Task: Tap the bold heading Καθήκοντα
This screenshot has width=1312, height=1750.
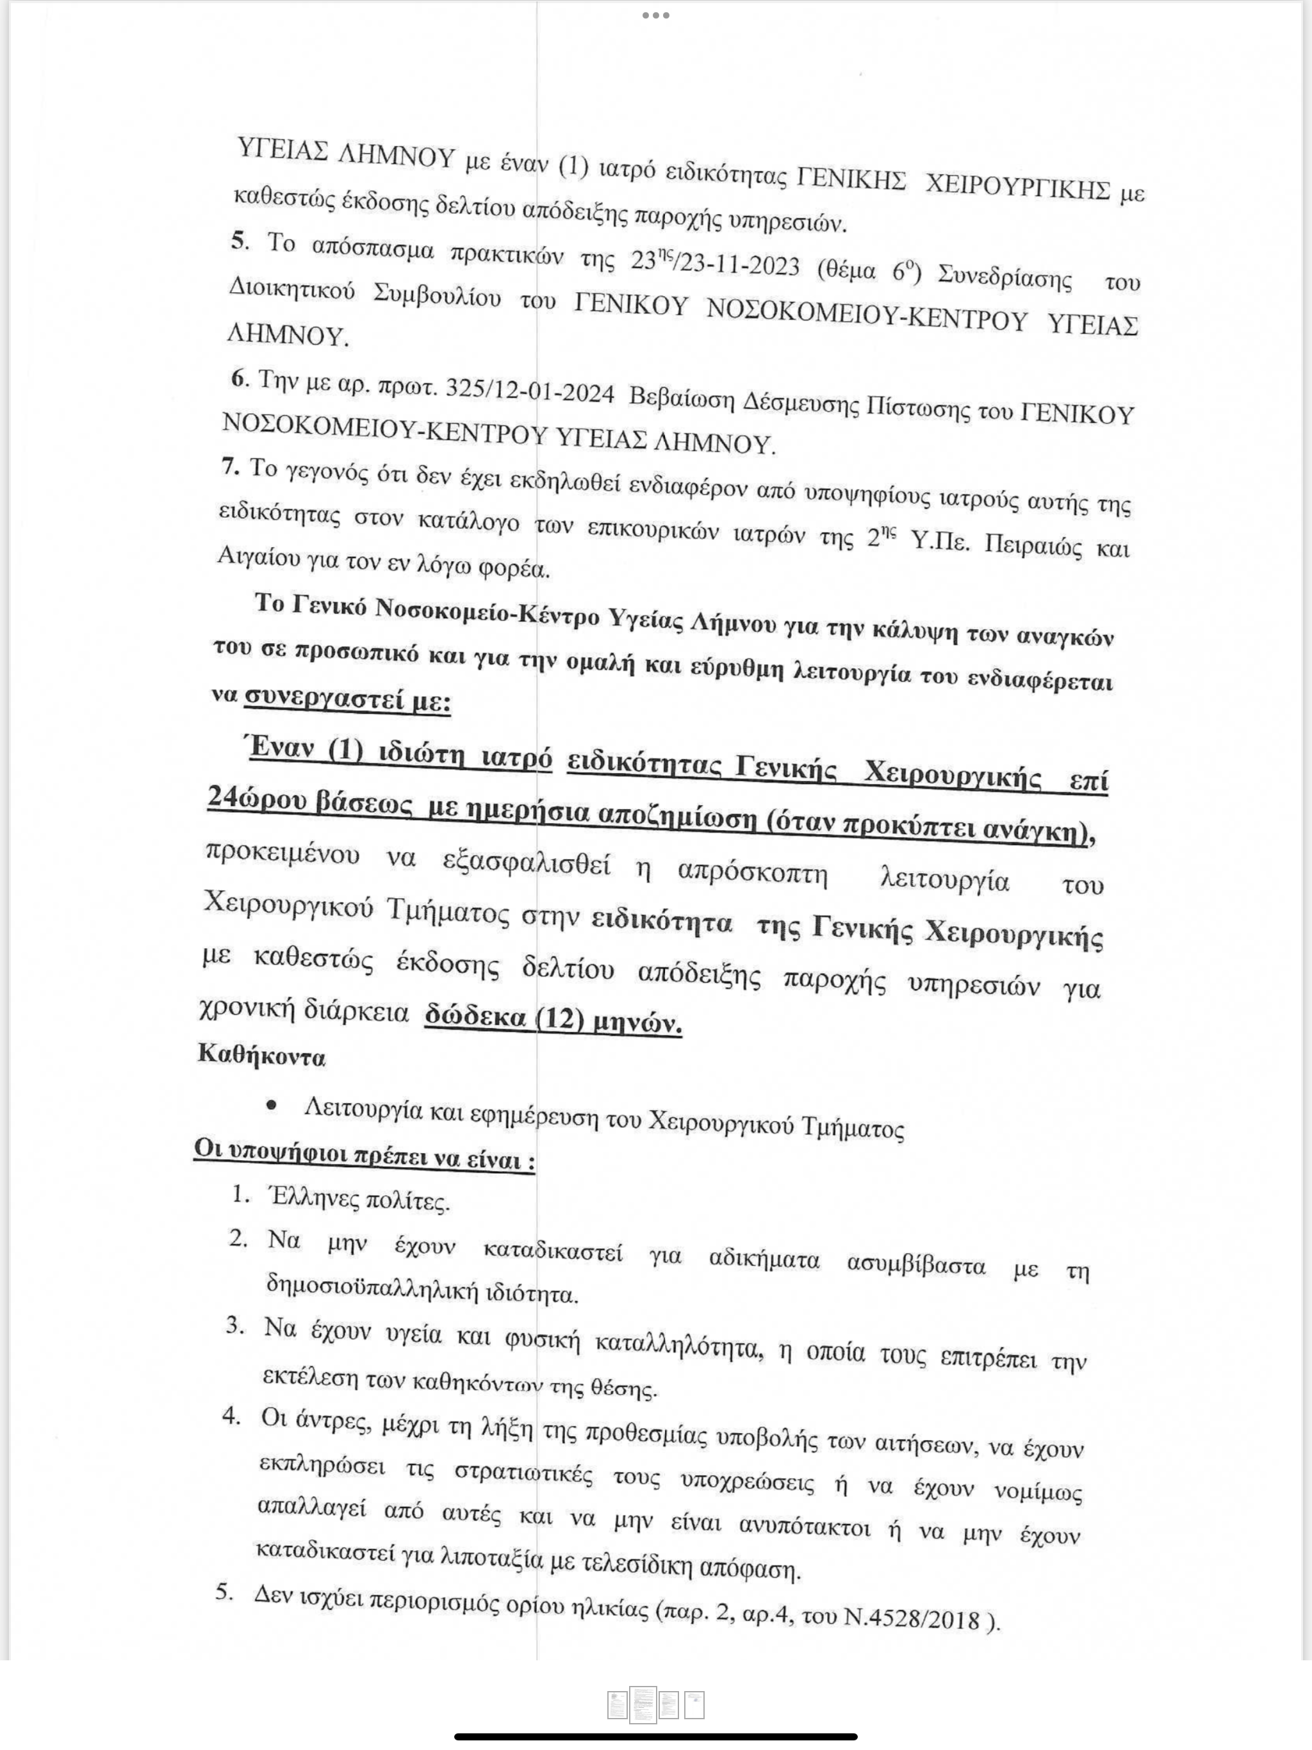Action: point(261,1057)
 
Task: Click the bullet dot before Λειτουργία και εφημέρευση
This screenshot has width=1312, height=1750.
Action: point(272,1105)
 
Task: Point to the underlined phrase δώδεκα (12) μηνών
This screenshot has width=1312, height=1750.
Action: point(553,1019)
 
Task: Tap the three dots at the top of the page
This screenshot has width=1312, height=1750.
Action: point(656,15)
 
